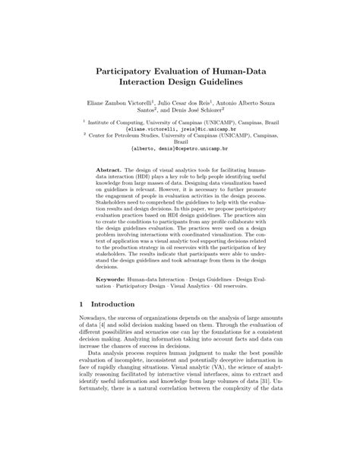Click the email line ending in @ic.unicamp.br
coord(180,130)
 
